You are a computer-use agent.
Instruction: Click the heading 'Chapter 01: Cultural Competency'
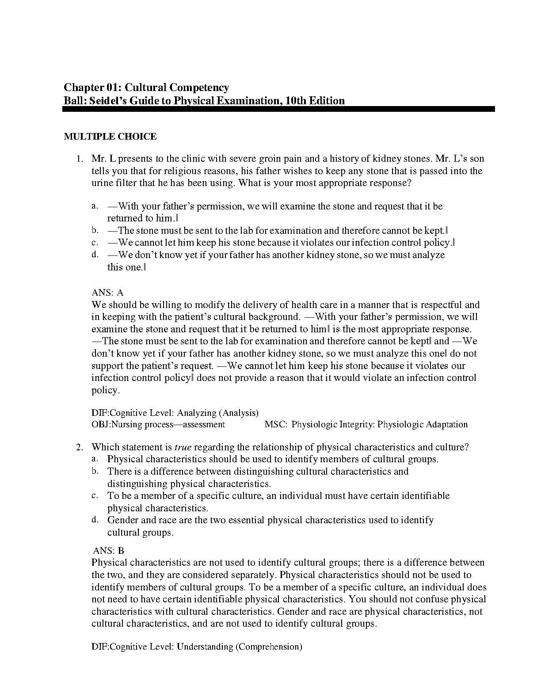(x=146, y=88)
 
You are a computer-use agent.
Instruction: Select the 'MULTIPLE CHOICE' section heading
(x=110, y=137)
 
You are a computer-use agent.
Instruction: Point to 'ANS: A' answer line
(x=107, y=293)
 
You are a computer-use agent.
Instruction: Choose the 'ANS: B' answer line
(x=109, y=551)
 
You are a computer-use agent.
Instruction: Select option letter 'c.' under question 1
(x=94, y=243)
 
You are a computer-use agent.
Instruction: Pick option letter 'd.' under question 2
(x=94, y=520)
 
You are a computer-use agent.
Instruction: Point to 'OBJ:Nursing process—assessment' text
(x=158, y=425)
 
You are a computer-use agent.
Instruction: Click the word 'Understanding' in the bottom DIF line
(x=205, y=647)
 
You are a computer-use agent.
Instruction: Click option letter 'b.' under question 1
(x=94, y=230)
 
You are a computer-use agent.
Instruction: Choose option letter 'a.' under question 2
(x=94, y=459)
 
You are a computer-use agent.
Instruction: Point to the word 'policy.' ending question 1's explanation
(x=105, y=390)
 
